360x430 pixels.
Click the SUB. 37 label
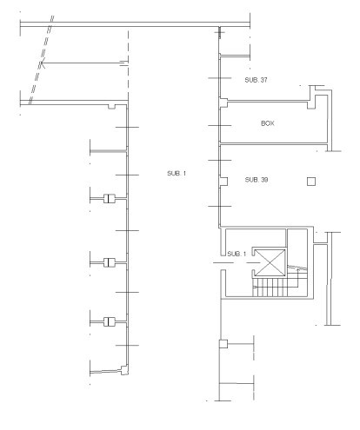click(256, 80)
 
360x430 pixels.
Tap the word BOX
click(268, 123)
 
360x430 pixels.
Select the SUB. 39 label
click(257, 180)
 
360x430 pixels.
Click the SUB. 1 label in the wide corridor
click(177, 174)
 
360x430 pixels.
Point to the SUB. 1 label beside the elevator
click(237, 254)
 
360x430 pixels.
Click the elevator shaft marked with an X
click(270, 262)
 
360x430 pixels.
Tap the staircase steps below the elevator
click(270, 288)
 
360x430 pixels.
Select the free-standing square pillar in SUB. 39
click(311, 182)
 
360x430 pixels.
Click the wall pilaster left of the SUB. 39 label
click(223, 182)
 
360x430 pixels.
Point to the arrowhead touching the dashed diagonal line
click(42, 63)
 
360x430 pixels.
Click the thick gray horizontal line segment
click(109, 151)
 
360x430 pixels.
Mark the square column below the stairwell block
click(223, 344)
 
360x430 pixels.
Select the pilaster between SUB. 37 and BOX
click(223, 103)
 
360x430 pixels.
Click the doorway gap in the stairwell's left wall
click(223, 263)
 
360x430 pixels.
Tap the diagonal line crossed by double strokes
click(41, 60)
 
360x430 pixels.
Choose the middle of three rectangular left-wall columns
click(110, 262)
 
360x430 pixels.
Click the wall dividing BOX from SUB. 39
click(273, 143)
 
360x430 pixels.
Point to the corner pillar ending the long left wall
click(124, 370)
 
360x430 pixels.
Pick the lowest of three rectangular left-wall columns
click(110, 321)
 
